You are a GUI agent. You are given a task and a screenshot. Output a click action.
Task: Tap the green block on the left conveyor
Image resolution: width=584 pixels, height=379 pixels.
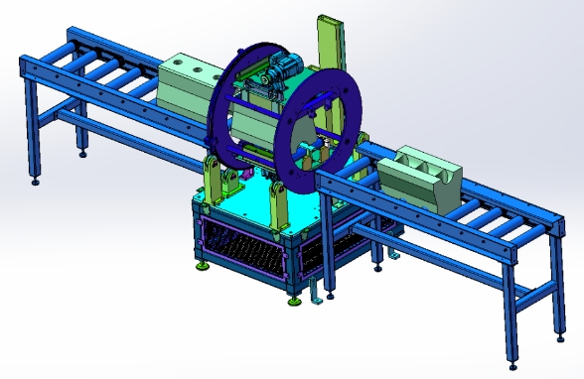pyautogui.click(x=188, y=83)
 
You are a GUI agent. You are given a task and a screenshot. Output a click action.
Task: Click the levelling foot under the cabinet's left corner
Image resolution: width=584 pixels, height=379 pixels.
pyautogui.click(x=204, y=263)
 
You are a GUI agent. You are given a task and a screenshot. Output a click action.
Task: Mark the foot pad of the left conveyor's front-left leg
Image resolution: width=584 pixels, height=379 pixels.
pyautogui.click(x=36, y=180)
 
